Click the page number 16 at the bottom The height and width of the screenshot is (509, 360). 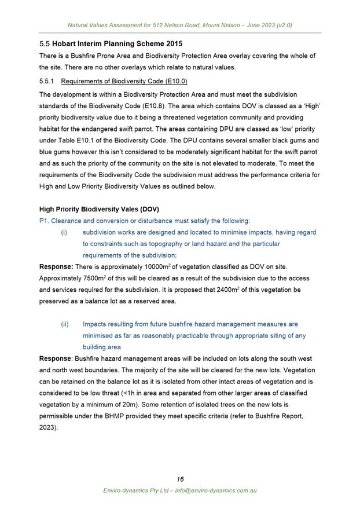(180, 479)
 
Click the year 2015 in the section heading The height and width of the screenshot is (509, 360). (172, 43)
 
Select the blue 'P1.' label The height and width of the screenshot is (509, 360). (44, 221)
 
